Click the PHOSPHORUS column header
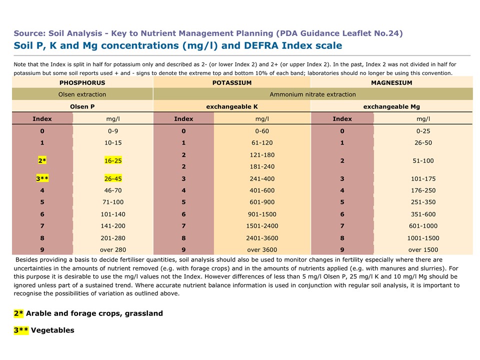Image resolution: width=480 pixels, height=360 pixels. [82, 82]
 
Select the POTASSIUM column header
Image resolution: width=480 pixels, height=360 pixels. [232, 82]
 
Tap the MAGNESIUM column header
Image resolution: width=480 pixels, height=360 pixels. [391, 82]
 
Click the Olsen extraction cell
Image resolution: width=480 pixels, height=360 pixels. [82, 94]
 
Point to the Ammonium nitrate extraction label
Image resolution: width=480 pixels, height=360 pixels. [312, 94]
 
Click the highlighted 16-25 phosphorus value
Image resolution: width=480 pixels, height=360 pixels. [113, 160]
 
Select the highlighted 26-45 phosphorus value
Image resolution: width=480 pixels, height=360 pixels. [113, 178]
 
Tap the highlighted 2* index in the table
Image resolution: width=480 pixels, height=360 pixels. [42, 160]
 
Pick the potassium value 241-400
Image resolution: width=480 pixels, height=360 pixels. [262, 178]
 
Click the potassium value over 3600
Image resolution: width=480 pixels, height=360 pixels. [262, 249]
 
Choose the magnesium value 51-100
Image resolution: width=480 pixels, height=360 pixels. [423, 160]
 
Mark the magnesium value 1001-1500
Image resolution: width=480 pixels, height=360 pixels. [423, 238]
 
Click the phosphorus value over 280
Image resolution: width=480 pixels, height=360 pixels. [113, 249]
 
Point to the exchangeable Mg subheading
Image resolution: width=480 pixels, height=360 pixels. [391, 106]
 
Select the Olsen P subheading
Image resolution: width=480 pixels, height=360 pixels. [82, 106]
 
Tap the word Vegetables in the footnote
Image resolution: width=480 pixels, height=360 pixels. [52, 330]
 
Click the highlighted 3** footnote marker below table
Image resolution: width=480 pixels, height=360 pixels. [21, 330]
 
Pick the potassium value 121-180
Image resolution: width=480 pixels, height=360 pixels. [262, 154]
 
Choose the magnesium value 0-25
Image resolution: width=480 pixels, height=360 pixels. [423, 130]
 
